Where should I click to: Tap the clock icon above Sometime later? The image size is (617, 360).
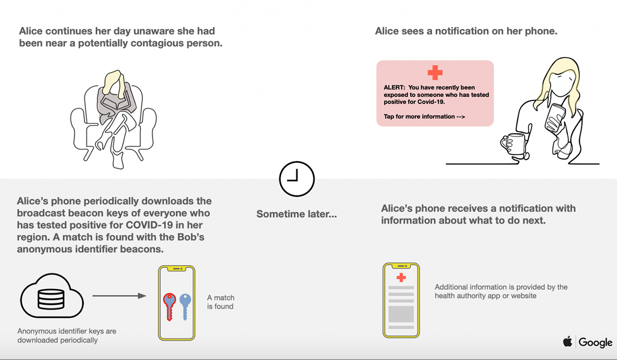(297, 179)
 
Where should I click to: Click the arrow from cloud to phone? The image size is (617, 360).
(119, 296)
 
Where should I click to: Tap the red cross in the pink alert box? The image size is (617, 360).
(435, 73)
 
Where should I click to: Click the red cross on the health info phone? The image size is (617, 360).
(401, 277)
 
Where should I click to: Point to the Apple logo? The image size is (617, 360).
(568, 342)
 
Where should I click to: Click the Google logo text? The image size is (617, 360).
(595, 343)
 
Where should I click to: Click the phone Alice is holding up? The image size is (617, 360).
(555, 118)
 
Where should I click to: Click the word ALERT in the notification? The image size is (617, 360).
(394, 87)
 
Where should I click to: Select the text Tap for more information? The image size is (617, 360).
(424, 117)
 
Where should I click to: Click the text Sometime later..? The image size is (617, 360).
(297, 214)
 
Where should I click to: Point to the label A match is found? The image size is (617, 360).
(221, 302)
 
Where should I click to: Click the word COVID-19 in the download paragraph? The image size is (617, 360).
(149, 225)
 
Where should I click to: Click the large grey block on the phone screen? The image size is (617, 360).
(401, 314)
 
